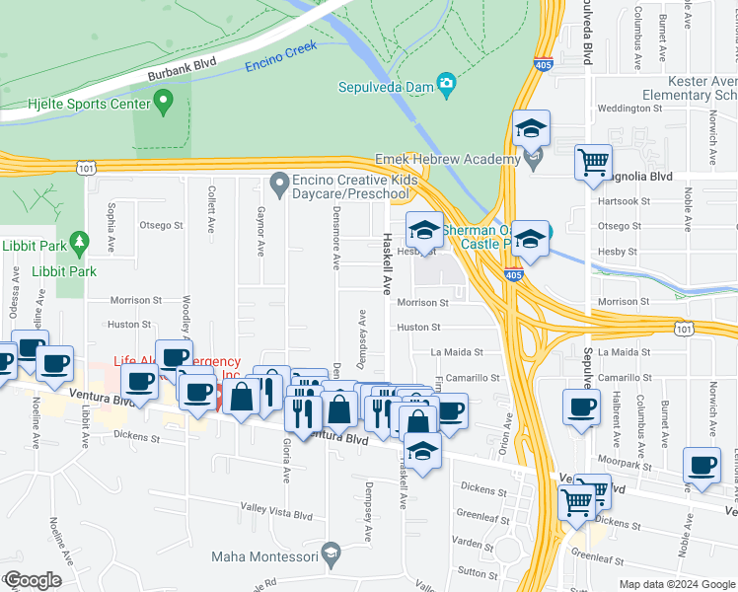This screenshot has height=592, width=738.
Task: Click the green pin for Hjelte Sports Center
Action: tap(165, 100)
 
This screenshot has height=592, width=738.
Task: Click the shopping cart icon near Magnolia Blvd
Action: tap(593, 162)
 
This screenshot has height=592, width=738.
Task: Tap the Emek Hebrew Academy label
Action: tap(447, 160)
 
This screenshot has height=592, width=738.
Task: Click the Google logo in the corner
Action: tap(33, 580)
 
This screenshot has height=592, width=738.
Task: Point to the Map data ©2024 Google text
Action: tap(677, 584)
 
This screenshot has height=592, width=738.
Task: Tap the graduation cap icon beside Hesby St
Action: tap(425, 231)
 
